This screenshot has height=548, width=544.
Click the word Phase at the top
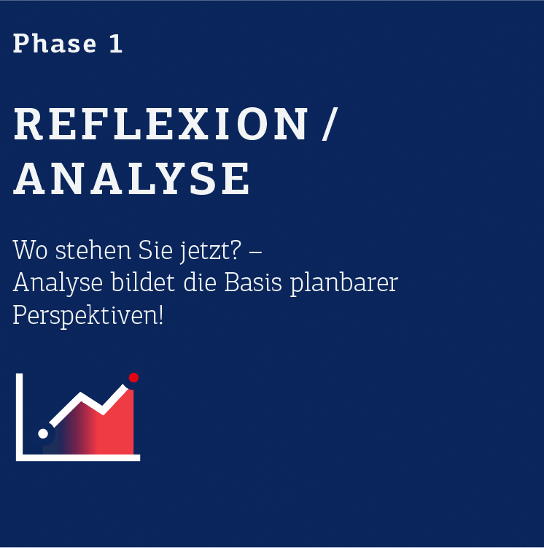pos(55,44)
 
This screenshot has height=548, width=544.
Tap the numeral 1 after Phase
pos(116,44)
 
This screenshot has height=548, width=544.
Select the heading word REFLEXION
pos(161,124)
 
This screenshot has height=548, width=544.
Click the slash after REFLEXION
pos(330,124)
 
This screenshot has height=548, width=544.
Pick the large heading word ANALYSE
pos(131,178)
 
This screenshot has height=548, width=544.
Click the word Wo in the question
pos(30,250)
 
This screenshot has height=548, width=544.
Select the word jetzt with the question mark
pos(211,251)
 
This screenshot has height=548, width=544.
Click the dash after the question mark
pos(256,252)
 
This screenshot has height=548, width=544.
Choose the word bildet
pos(143,282)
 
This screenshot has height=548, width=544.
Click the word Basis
pos(253,282)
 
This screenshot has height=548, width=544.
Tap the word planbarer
pos(344,283)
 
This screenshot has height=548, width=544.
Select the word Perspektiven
pos(88,315)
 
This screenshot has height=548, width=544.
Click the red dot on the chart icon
pos(133,377)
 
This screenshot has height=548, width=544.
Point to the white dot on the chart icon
pos(43,433)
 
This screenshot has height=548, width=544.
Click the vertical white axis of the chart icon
pos(20,417)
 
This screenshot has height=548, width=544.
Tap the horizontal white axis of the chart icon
pos(78,458)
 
